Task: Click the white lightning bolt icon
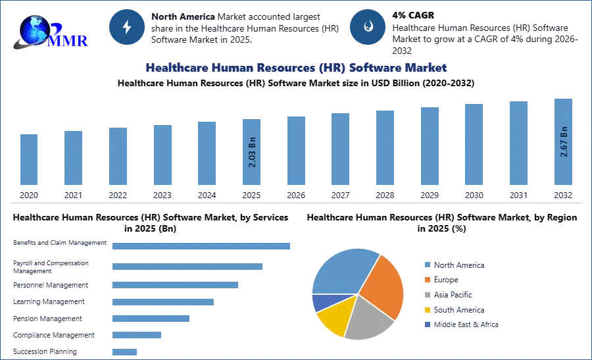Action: (x=127, y=27)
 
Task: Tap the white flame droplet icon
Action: (x=368, y=27)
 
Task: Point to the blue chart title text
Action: (x=295, y=68)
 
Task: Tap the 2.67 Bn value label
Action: (x=564, y=141)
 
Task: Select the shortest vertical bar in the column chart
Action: (x=29, y=161)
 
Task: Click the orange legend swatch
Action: (x=426, y=280)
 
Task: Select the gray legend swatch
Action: (x=426, y=295)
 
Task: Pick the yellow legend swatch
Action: (x=426, y=310)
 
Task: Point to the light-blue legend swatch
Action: (x=426, y=264)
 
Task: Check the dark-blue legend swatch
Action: (x=426, y=326)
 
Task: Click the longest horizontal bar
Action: (x=202, y=247)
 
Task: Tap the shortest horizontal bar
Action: (x=124, y=353)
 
